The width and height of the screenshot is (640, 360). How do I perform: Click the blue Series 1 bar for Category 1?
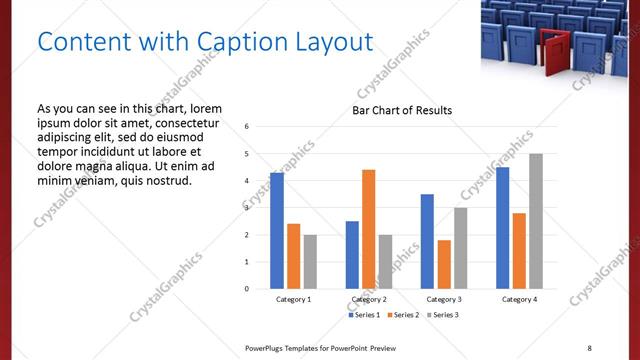[x=277, y=231]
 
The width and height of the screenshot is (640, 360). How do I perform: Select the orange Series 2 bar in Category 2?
[x=368, y=229]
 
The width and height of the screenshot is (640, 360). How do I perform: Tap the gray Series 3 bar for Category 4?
[x=536, y=221]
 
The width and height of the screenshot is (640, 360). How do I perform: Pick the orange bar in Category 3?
[x=444, y=264]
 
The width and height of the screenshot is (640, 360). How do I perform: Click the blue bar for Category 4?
[x=503, y=228]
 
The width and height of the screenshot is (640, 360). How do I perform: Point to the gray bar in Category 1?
[x=310, y=262]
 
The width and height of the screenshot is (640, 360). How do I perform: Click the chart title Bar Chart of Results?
[x=402, y=110]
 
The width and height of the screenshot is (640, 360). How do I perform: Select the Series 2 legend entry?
[x=402, y=315]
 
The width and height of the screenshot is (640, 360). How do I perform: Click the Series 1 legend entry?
[x=364, y=315]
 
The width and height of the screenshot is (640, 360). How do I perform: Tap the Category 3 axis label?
[x=444, y=299]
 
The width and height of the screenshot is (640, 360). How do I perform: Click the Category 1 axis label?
[x=293, y=299]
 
